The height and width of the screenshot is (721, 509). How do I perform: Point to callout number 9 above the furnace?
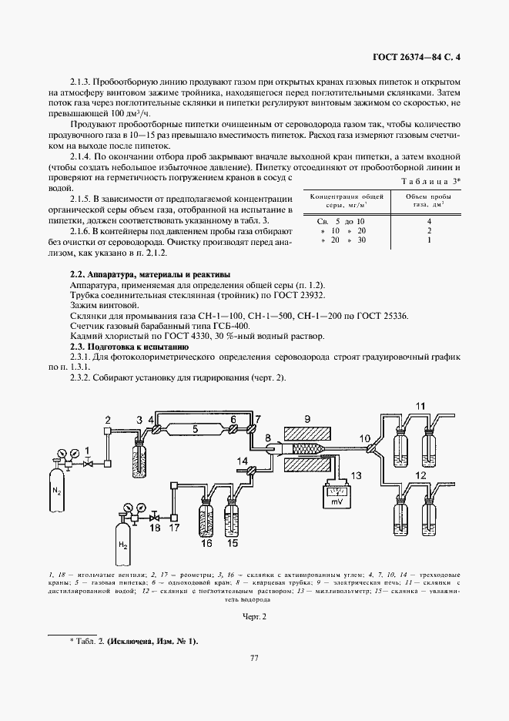pos(306,419)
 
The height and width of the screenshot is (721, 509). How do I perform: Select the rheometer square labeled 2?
pos(109,429)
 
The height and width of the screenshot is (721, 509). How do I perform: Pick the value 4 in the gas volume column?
pos(428,220)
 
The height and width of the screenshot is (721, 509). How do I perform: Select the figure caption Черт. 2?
pos(254,616)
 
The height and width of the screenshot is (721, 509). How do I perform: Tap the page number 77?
pos(253,679)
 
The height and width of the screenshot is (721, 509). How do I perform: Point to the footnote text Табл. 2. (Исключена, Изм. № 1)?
pos(136,641)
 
